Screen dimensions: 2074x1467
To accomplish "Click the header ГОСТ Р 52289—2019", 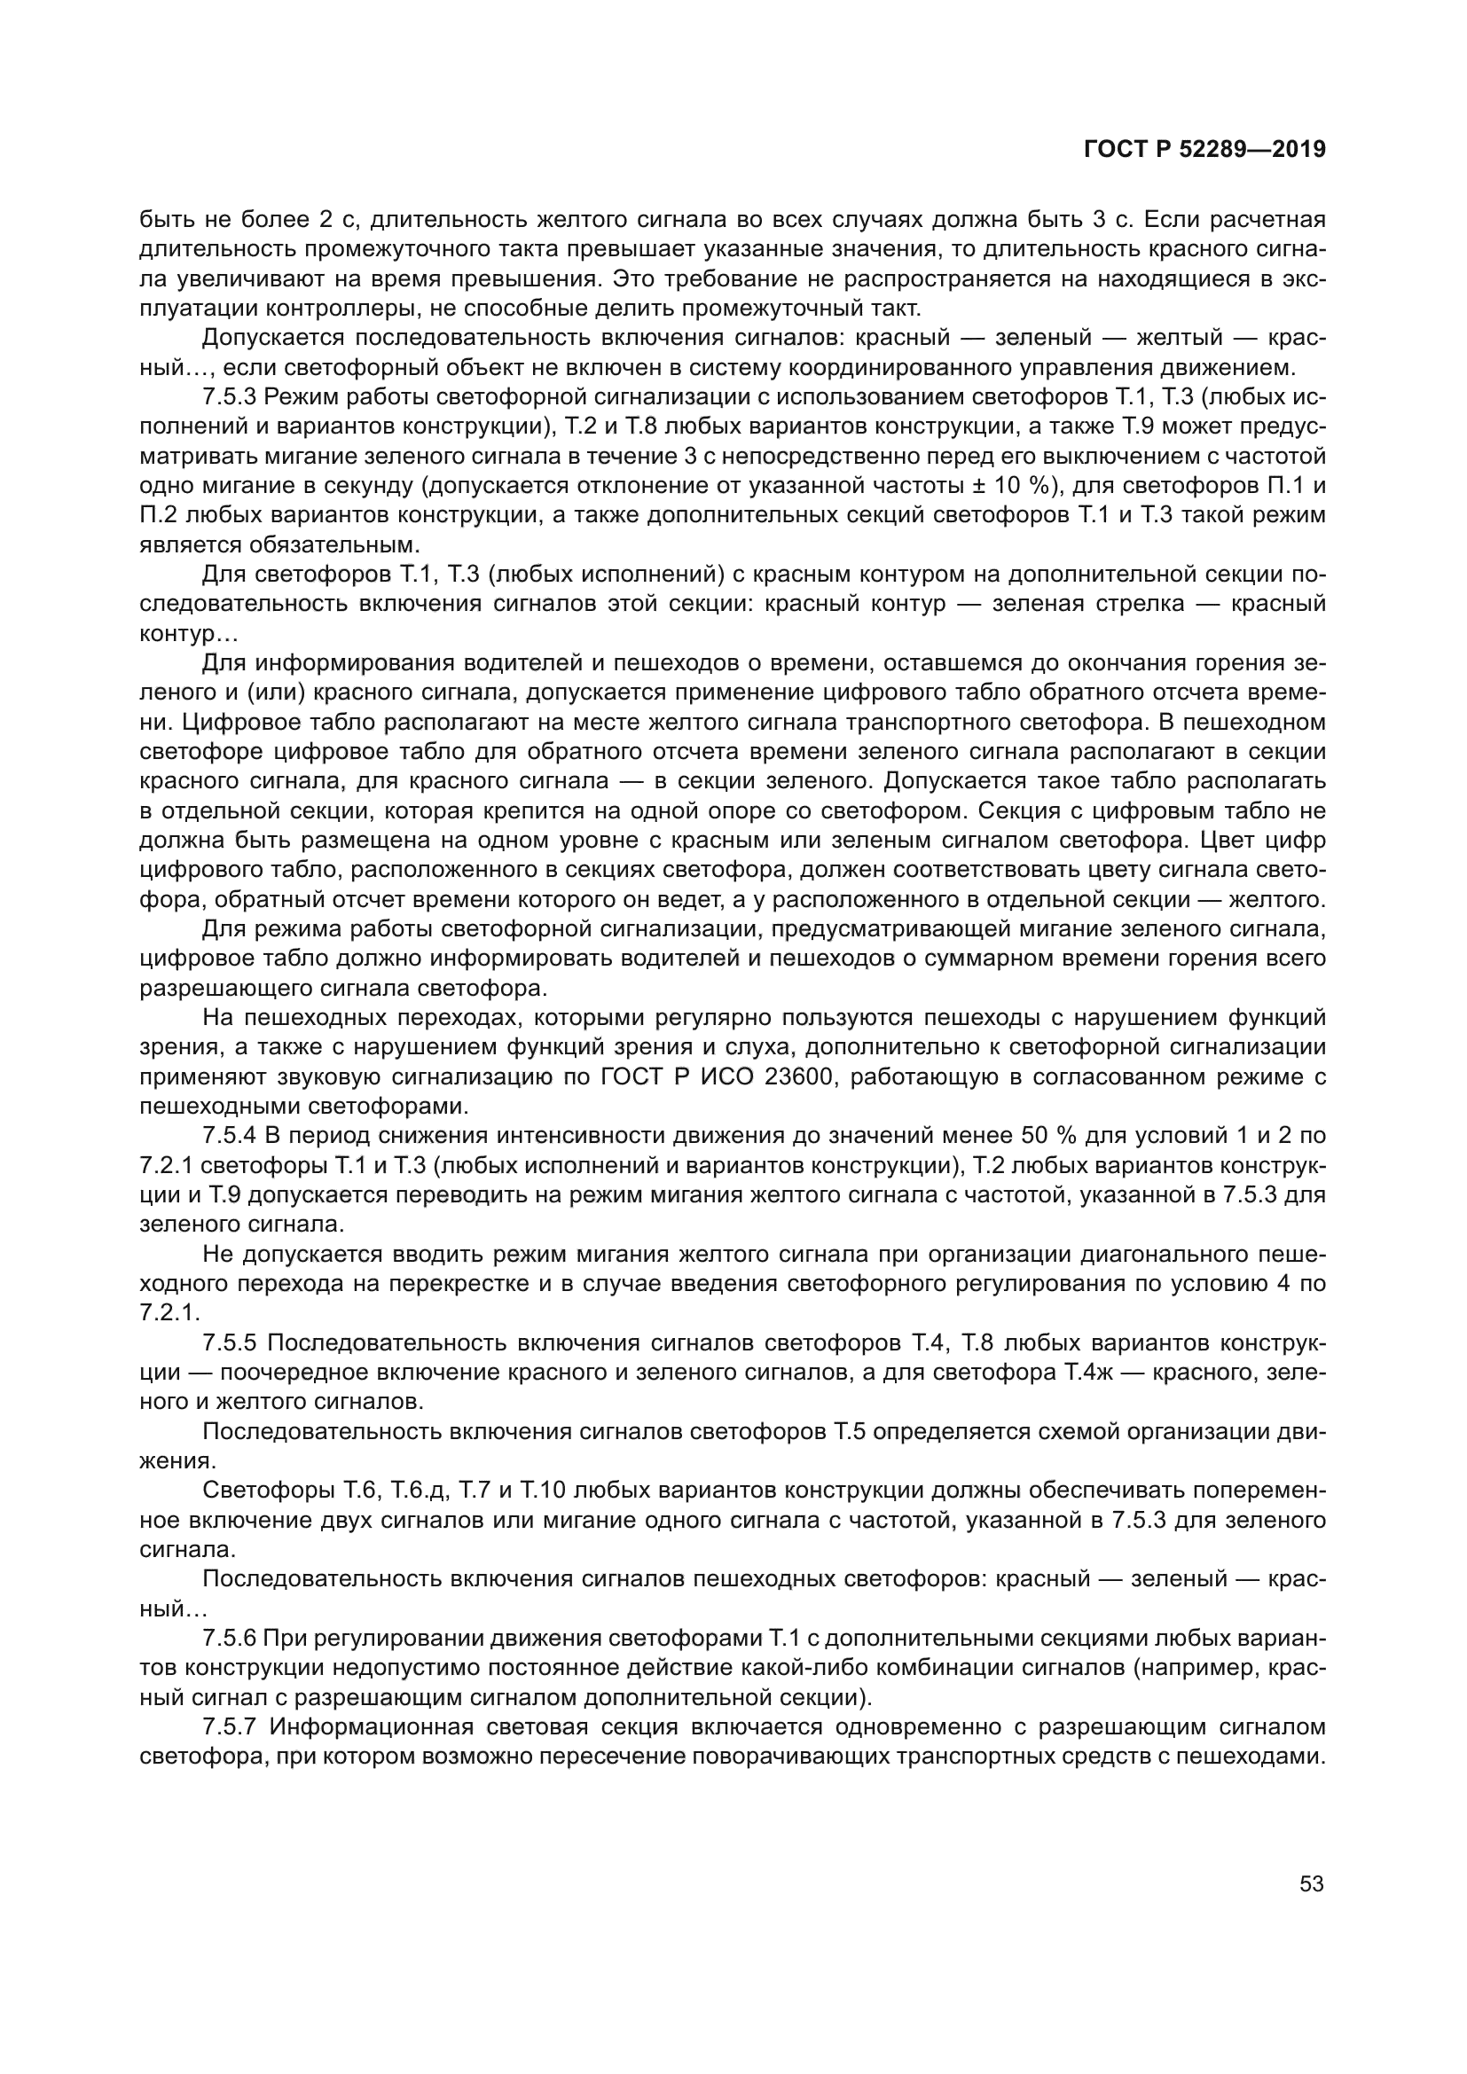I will (1204, 150).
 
